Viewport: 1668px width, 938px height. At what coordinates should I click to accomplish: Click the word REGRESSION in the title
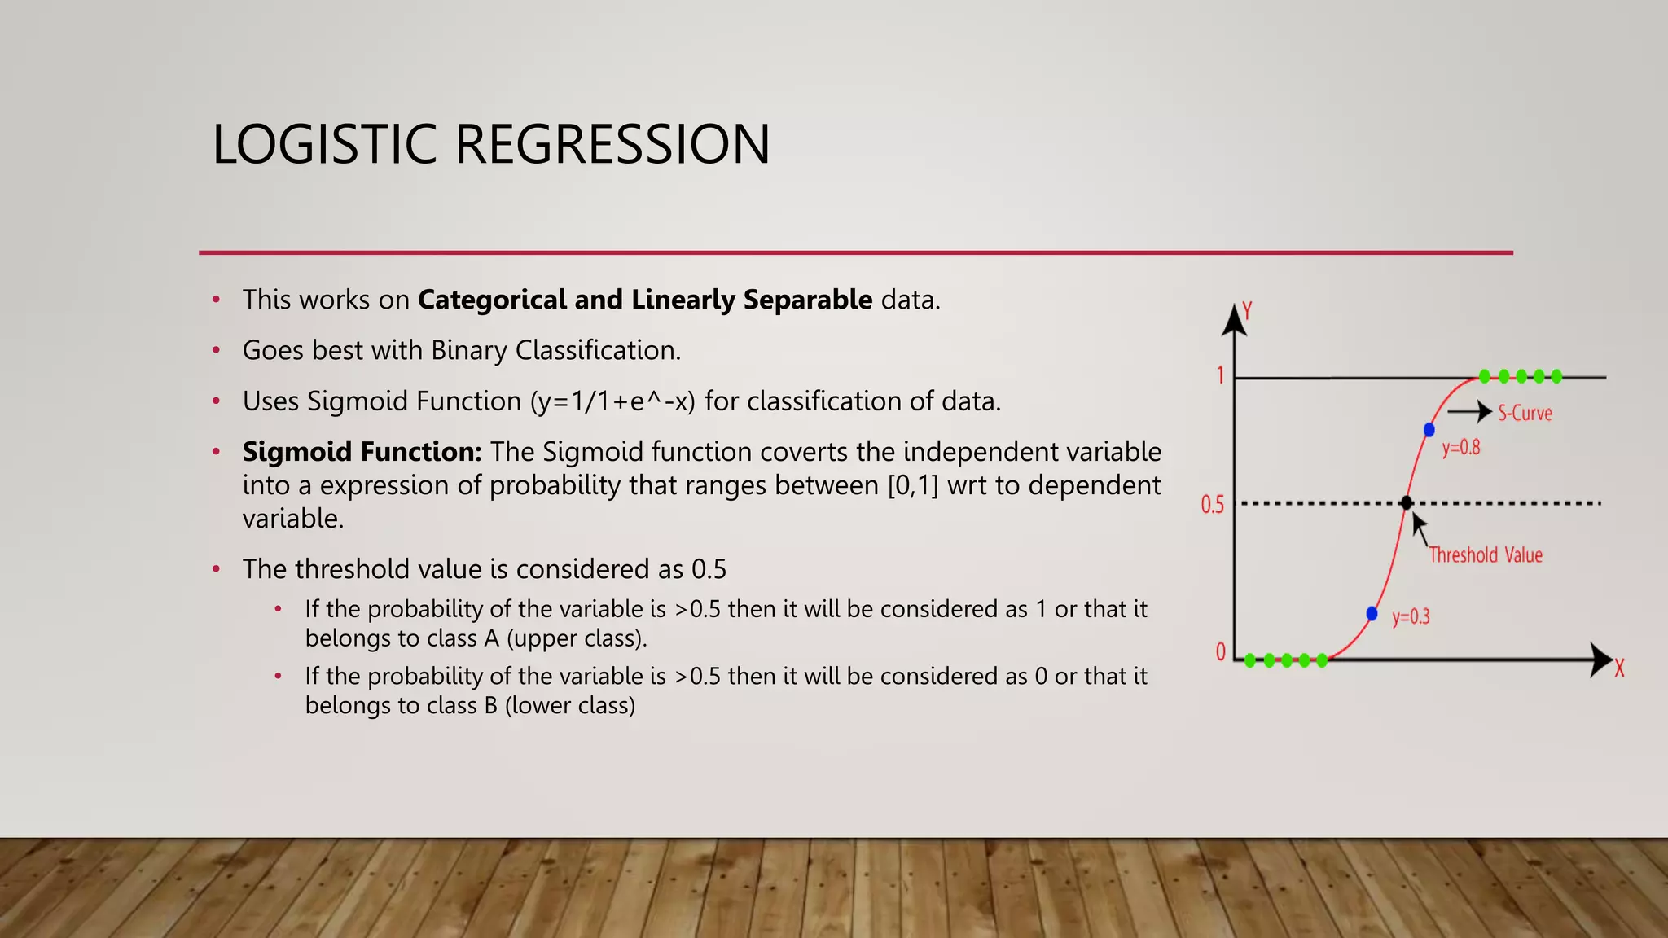[x=612, y=145]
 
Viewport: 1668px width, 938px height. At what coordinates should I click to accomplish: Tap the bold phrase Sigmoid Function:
[x=362, y=452]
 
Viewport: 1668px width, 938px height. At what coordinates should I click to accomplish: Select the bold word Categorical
[x=491, y=300]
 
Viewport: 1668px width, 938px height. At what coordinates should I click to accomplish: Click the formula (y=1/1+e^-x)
[x=612, y=401]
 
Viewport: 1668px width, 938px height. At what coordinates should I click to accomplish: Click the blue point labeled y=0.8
[x=1429, y=429]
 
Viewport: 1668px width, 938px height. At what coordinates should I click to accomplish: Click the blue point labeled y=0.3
[x=1372, y=613]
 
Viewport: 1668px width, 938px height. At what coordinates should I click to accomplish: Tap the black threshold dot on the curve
[x=1407, y=503]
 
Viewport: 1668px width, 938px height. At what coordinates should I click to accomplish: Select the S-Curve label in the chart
[x=1525, y=414]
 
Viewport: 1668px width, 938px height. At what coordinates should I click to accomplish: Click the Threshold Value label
[x=1486, y=555]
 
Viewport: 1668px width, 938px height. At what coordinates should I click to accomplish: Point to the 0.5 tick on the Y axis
[x=1212, y=505]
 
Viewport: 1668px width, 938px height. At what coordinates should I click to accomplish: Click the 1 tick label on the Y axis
[x=1220, y=376]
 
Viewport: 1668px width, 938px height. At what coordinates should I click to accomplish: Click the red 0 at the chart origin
[x=1220, y=651]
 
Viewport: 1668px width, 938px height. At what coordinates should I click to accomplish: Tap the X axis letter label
[x=1619, y=669]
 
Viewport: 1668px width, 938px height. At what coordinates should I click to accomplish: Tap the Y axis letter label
[x=1247, y=310]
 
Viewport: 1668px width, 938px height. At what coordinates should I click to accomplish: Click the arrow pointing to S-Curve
[x=1469, y=412]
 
